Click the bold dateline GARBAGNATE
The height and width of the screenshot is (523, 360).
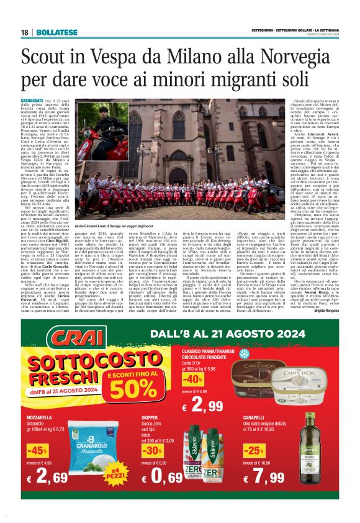pos(32,100)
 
